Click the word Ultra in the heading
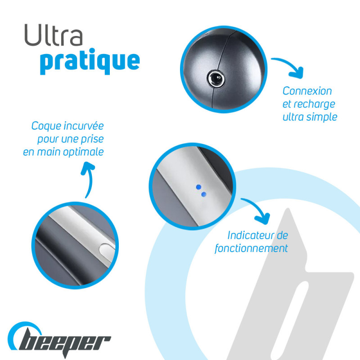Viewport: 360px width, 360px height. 54,35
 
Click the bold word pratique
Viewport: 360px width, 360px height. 90,61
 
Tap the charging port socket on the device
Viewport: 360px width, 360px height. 216,79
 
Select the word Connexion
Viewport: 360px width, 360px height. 307,91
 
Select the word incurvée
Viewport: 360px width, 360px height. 84,126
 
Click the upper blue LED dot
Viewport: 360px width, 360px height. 198,187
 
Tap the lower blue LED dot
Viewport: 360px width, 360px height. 204,194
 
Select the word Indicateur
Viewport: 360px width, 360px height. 250,235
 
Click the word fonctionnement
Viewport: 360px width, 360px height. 251,248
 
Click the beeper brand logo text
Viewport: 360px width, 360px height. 65,343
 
